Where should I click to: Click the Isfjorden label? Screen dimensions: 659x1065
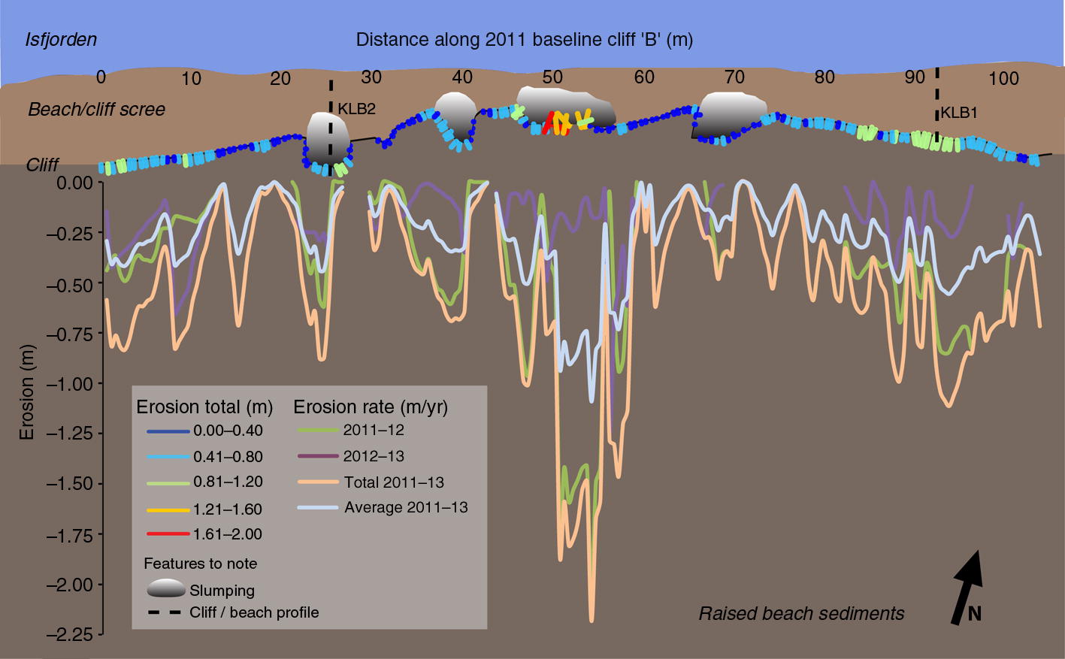click(x=61, y=39)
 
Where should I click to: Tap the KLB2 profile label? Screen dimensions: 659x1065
click(x=356, y=109)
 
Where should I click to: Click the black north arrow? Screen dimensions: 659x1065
click(x=968, y=587)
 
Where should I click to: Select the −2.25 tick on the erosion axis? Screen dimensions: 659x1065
click(x=71, y=635)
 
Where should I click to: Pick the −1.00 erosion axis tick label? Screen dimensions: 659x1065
click(x=71, y=384)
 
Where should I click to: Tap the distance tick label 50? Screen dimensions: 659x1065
click(x=552, y=77)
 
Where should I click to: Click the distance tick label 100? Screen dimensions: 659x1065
click(x=1003, y=78)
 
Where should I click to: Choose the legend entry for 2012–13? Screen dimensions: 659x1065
click(x=374, y=456)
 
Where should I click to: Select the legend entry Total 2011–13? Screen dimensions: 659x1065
click(x=394, y=482)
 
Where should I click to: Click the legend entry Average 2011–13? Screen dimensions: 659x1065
click(x=406, y=508)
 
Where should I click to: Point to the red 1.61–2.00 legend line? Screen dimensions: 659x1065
click(x=165, y=534)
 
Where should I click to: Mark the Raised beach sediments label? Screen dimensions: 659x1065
click(x=801, y=614)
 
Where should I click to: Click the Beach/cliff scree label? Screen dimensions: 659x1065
click(x=96, y=110)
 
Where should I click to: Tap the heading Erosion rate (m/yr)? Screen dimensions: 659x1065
click(x=370, y=407)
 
